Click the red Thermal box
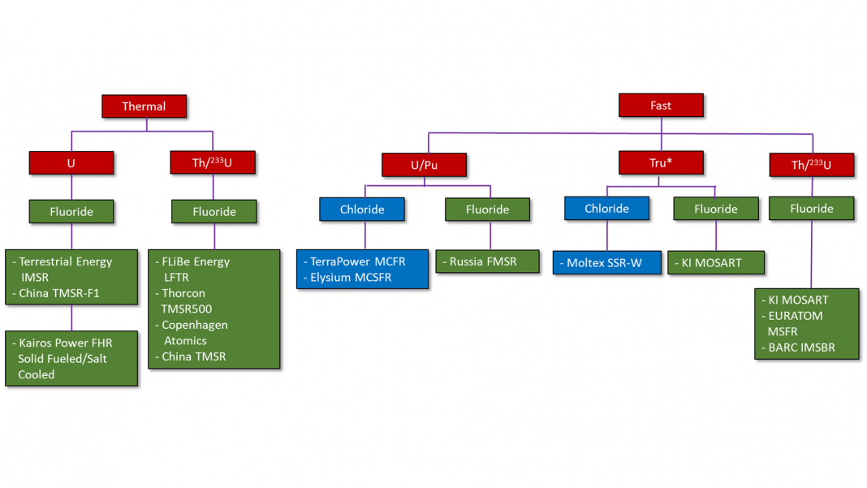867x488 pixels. click(144, 106)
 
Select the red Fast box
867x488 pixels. click(661, 106)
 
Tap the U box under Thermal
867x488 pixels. click(71, 163)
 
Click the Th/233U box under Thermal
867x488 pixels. click(214, 163)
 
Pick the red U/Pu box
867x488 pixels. click(424, 165)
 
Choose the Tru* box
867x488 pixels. click(661, 162)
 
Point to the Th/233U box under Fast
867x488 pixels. click(812, 165)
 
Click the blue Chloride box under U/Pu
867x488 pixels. click(360, 209)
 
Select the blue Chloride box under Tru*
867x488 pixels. click(607, 209)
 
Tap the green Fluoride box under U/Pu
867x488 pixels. click(488, 209)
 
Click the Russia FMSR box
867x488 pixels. click(488, 261)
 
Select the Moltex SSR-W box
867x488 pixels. click(607, 263)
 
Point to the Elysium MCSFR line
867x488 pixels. click(351, 277)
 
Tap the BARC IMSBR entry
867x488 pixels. click(802, 348)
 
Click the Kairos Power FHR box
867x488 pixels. click(71, 358)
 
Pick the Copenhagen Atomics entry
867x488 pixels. click(195, 332)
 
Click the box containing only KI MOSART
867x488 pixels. click(716, 263)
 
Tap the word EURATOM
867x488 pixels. click(796, 316)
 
